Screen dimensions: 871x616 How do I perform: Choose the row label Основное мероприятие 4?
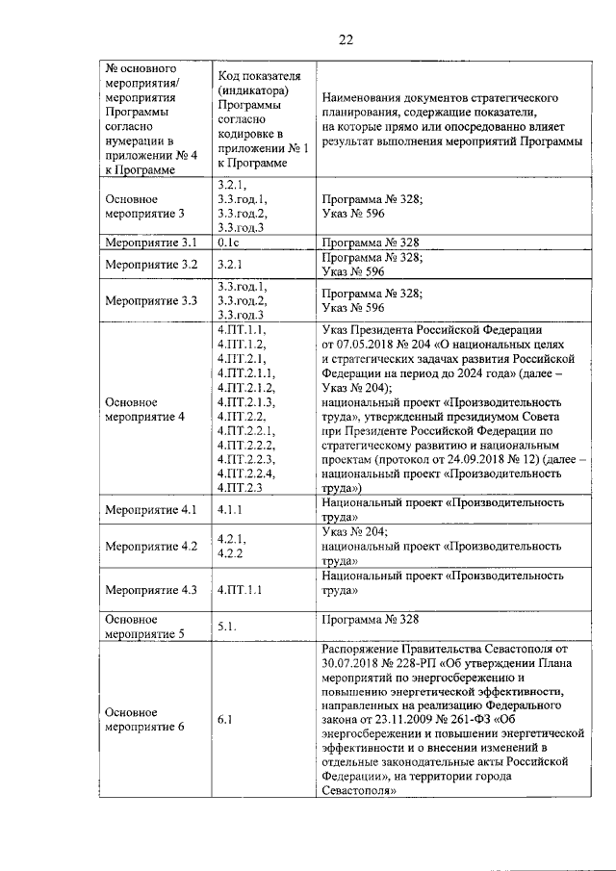144,409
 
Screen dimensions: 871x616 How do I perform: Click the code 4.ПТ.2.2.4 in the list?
246,474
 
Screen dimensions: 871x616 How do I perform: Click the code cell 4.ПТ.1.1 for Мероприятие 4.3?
241,589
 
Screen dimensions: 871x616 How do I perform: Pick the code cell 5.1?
227,626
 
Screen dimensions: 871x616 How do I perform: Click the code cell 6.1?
225,718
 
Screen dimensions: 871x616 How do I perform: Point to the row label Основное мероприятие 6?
143,718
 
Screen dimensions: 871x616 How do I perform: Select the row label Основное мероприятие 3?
143,206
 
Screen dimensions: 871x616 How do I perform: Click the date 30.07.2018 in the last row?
353,663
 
